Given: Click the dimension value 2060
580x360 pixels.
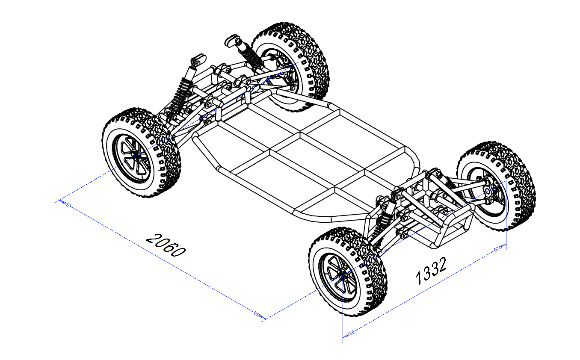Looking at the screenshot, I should pyautogui.click(x=166, y=245).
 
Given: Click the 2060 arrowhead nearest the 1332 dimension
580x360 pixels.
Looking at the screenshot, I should pyautogui.click(x=259, y=316).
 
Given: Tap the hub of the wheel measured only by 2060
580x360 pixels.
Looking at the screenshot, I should pyautogui.click(x=134, y=154).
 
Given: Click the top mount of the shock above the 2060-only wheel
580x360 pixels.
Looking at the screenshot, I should pyautogui.click(x=198, y=59).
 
